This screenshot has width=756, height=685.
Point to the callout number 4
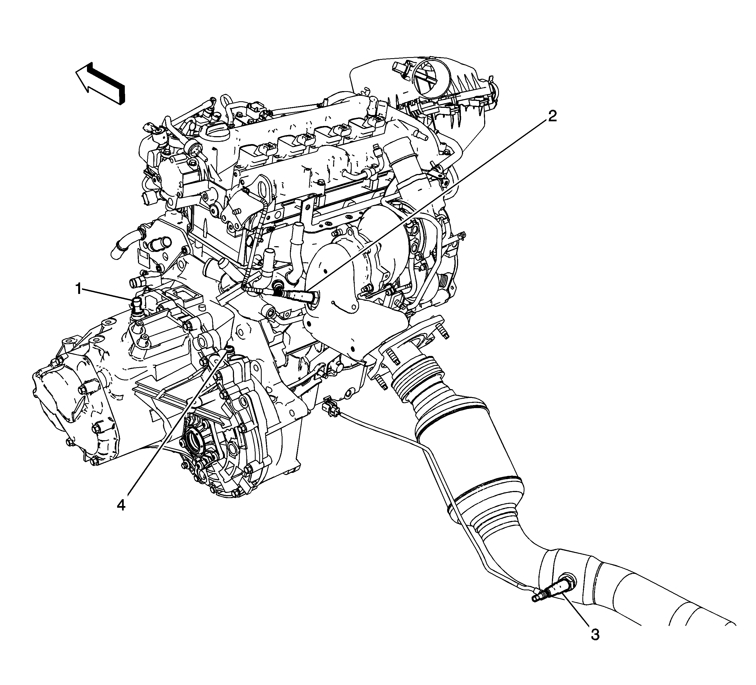(121, 505)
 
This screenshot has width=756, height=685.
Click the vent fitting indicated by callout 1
(137, 306)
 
